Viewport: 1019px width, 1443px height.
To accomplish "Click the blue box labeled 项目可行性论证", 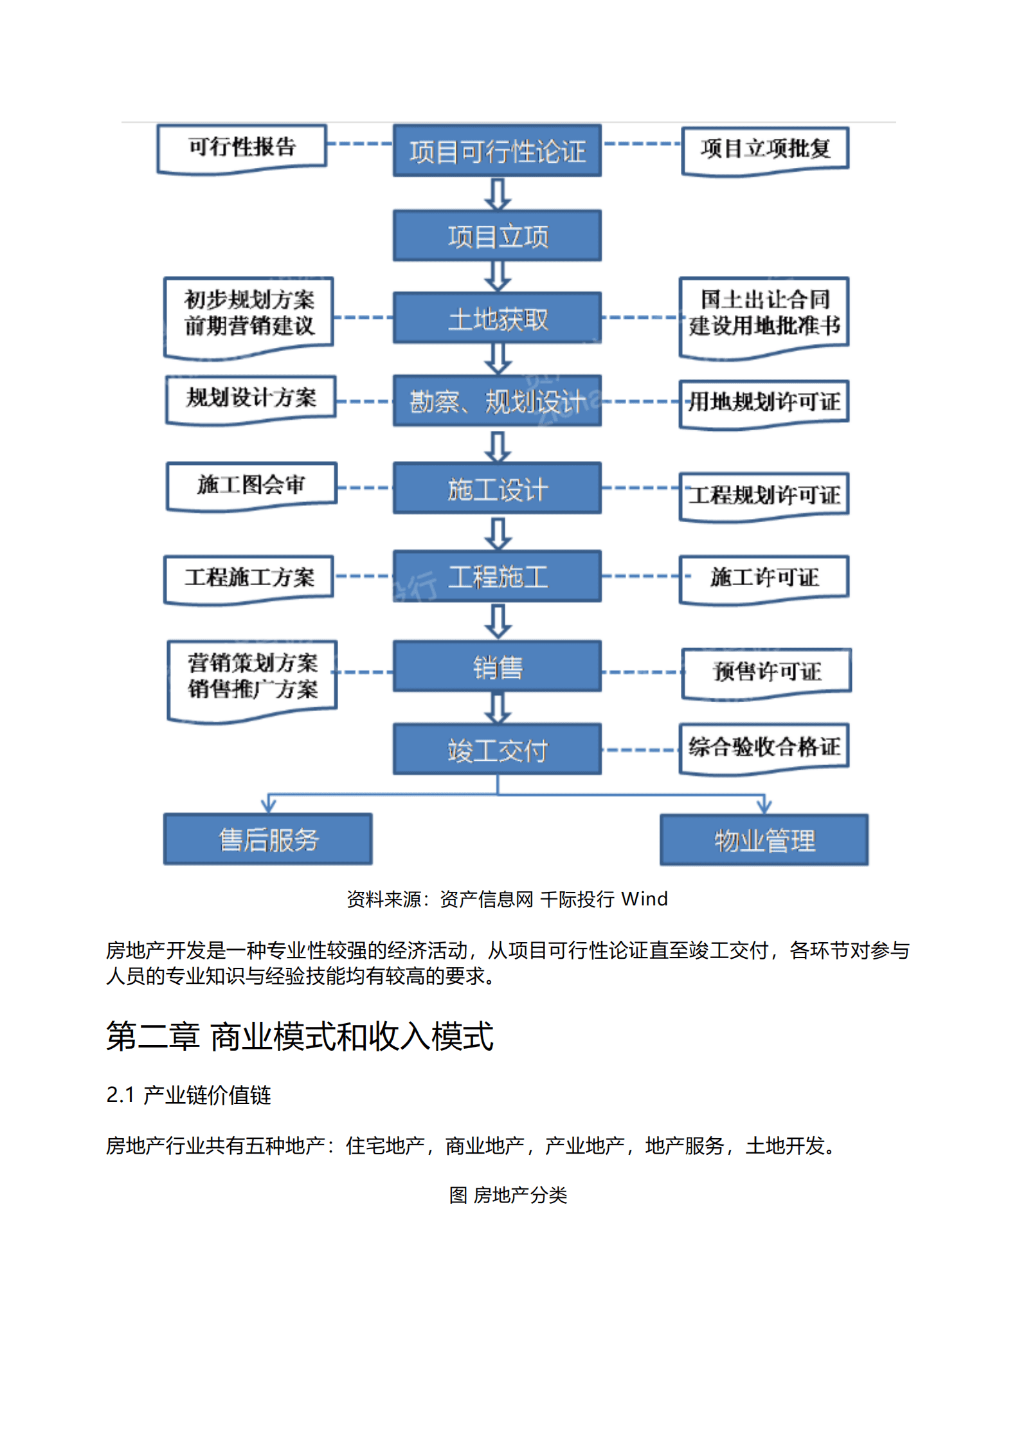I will point(497,150).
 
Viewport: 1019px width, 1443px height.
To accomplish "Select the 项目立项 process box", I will point(497,235).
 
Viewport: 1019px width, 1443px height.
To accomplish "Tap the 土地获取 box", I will point(497,318).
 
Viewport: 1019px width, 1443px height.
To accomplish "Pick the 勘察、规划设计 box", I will point(497,401).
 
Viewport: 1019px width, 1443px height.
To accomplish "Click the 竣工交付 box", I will point(497,749).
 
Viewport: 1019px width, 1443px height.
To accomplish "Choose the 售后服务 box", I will point(268,839).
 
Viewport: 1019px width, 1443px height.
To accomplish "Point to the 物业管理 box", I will point(764,840).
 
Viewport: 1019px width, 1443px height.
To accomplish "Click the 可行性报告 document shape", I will point(242,148).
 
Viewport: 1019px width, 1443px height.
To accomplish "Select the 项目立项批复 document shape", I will point(765,149).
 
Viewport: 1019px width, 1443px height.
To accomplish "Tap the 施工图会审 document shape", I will point(251,485).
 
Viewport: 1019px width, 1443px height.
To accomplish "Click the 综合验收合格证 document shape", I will point(764,747).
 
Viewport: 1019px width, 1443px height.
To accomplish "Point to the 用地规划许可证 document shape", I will point(764,403).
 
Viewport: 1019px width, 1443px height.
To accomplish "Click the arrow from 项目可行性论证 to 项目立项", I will point(498,194).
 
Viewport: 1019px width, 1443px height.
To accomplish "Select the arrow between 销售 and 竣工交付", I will point(498,707).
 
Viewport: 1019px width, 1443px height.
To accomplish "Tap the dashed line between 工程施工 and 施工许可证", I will point(640,576).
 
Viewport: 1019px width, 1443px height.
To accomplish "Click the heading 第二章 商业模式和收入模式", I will point(300,1036).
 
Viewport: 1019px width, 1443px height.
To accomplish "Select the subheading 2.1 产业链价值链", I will point(188,1094).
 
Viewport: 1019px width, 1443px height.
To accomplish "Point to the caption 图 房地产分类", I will point(508,1195).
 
